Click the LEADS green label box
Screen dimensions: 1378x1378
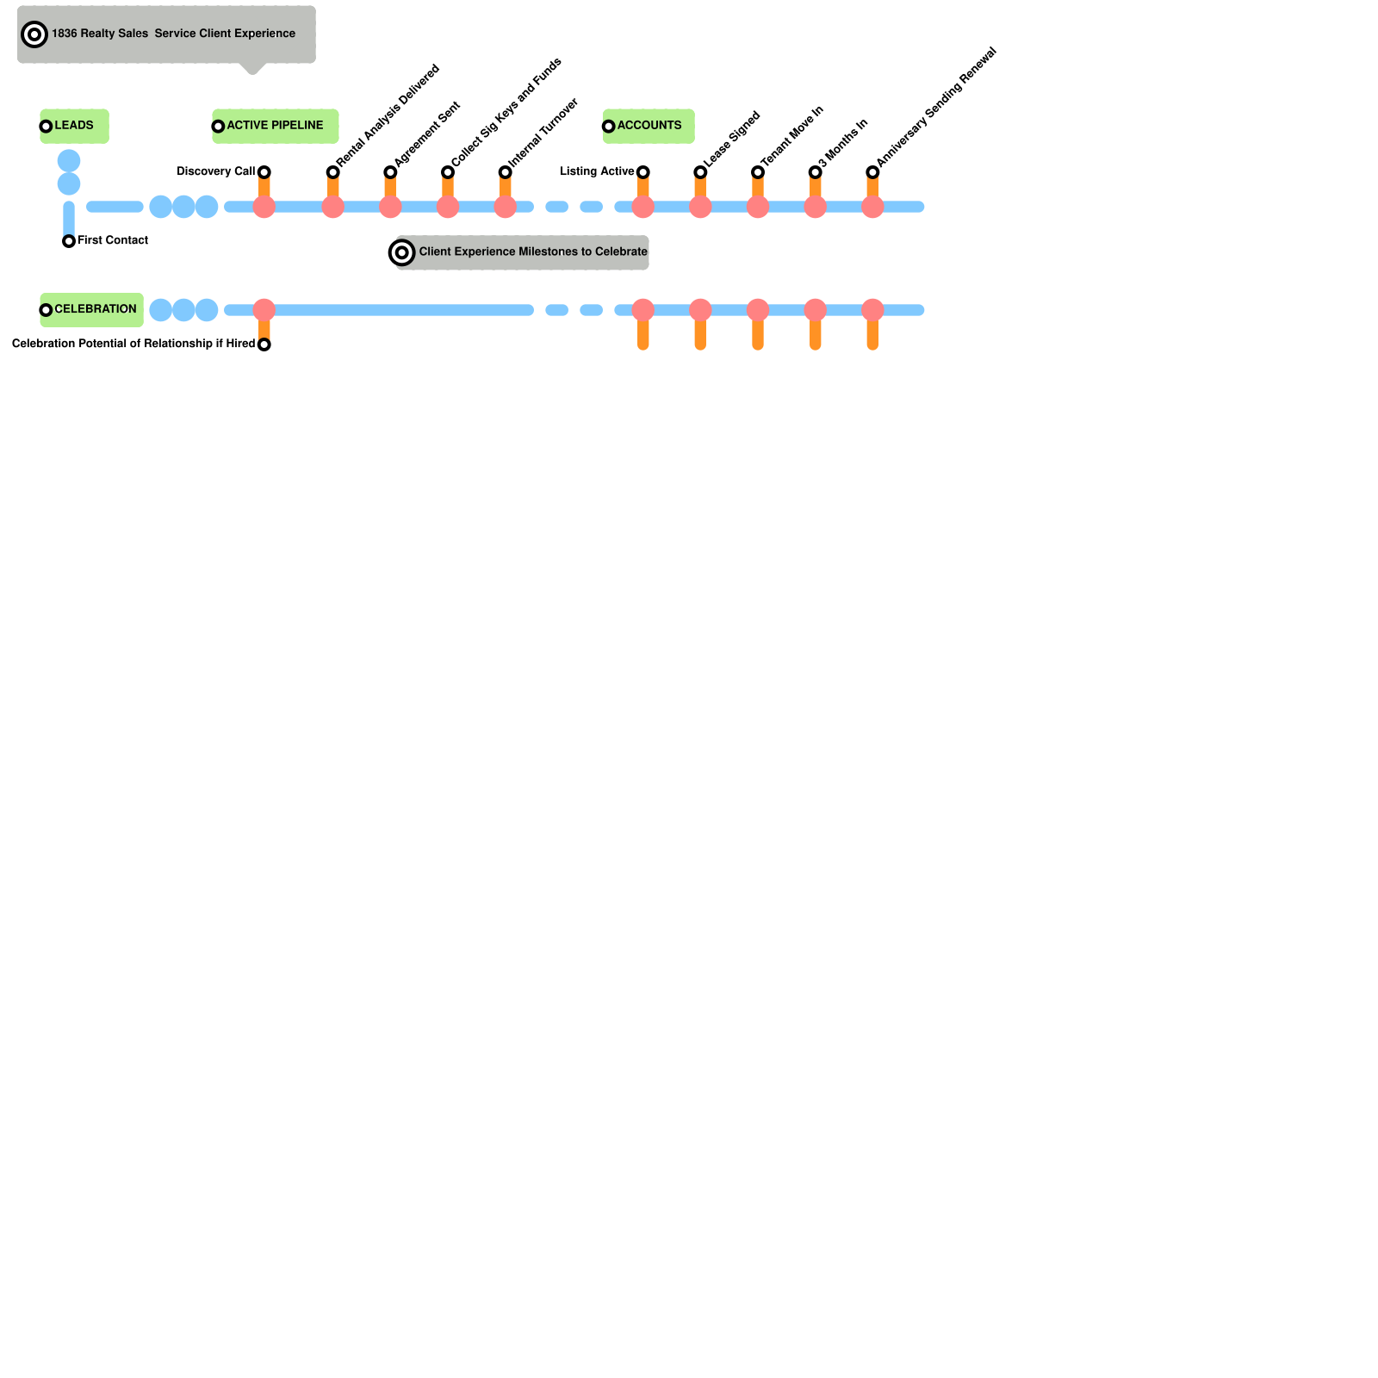[x=74, y=126]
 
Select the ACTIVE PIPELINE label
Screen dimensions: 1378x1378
[x=275, y=126]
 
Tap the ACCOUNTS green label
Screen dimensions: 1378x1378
[x=649, y=126]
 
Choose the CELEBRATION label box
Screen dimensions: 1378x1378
[x=92, y=309]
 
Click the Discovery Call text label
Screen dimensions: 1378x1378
[x=215, y=171]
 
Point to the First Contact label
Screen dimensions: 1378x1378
[x=112, y=240]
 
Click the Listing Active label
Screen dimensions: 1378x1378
[x=597, y=171]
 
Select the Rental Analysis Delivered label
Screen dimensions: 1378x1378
[x=388, y=115]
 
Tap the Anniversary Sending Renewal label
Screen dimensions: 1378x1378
[x=935, y=107]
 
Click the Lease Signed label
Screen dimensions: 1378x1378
[x=732, y=140]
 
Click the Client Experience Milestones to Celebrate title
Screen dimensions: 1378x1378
[x=532, y=252]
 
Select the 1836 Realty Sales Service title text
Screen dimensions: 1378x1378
[x=173, y=34]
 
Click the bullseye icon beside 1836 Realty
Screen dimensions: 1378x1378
[x=34, y=34]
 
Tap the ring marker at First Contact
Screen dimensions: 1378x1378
[x=69, y=241]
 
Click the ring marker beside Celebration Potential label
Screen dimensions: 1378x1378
[x=264, y=344]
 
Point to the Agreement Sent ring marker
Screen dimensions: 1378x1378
[x=390, y=172]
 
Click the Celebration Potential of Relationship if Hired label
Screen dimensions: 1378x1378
[x=133, y=344]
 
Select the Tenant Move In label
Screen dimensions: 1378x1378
[x=792, y=136]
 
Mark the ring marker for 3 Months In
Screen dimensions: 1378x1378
[x=815, y=172]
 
